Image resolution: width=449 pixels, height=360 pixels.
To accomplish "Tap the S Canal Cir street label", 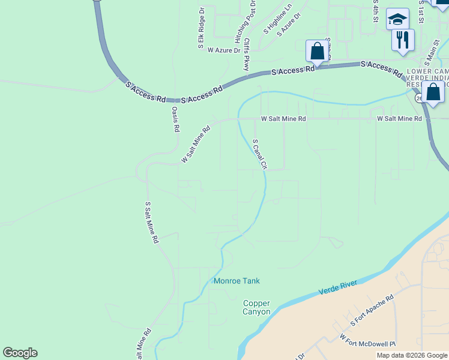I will point(259,154).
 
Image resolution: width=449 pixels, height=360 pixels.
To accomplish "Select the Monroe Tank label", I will point(237,281).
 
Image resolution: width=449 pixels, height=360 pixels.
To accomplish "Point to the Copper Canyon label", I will point(256,308).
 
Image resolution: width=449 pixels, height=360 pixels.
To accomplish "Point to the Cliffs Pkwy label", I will point(246,55).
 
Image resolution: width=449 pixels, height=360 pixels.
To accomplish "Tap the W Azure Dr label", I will point(223,50).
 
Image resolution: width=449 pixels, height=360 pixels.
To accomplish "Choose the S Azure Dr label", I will point(288,26).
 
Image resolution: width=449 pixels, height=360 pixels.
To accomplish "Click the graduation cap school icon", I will point(397,19).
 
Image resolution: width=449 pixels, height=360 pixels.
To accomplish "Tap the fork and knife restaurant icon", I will point(403,40).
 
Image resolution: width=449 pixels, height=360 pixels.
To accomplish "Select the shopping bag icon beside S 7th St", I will point(317,51).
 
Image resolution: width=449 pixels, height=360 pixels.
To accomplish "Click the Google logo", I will point(20,353).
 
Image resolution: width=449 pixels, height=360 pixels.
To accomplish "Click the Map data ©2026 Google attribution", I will point(412,355).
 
